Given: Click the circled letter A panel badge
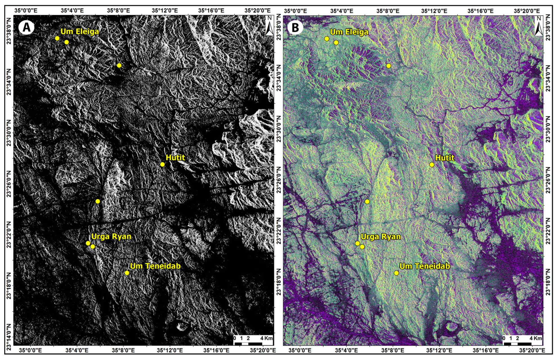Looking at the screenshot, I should click(x=26, y=27).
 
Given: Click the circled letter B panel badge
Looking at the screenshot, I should click(x=295, y=28).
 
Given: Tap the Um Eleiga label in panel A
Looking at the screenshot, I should click(x=80, y=31).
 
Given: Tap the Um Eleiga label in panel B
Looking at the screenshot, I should click(x=349, y=32).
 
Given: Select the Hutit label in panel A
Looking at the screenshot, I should click(x=175, y=157).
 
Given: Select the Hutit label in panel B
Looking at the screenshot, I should click(x=445, y=158).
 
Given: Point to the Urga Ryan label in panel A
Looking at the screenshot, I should click(x=111, y=236).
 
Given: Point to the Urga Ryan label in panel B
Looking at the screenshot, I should click(x=381, y=237).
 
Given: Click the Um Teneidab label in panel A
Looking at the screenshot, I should click(x=155, y=266).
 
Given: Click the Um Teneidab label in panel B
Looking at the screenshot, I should click(x=425, y=266).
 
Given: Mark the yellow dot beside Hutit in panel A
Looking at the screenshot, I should click(x=162, y=164).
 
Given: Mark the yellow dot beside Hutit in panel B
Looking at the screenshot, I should click(x=432, y=165).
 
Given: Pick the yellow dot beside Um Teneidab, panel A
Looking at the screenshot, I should click(x=127, y=273).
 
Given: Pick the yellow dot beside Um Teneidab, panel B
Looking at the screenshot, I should click(x=396, y=273).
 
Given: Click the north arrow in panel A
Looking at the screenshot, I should click(x=269, y=25).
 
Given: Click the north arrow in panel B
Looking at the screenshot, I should click(x=539, y=26).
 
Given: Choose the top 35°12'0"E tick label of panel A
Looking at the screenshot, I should click(x=165, y=11).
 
